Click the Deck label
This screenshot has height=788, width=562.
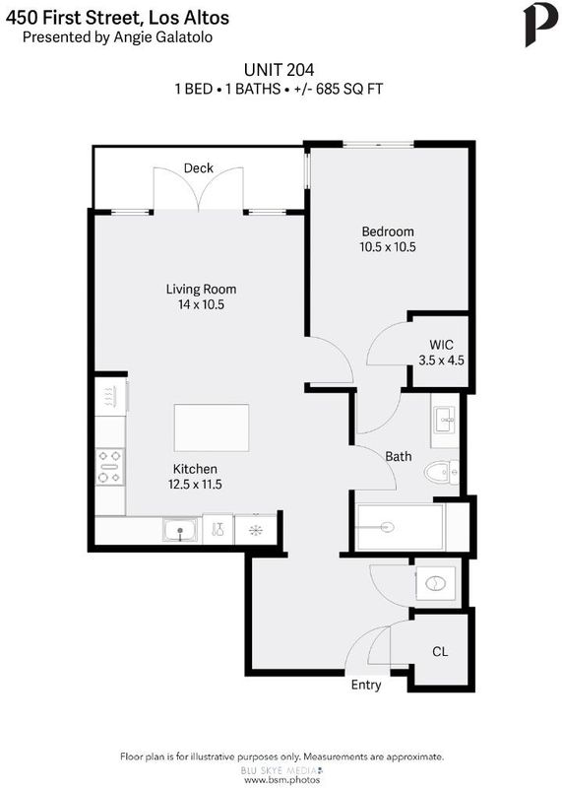tap(199, 167)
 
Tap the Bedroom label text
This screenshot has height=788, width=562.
tap(388, 231)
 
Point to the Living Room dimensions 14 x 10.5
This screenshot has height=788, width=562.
tap(201, 304)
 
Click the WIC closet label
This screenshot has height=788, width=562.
tap(441, 345)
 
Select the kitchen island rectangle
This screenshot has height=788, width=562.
tap(212, 427)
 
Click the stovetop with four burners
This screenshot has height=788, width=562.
tap(110, 467)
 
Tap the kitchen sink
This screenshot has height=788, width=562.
tap(180, 531)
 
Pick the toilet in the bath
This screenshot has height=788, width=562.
tap(441, 473)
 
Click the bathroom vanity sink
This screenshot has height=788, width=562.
tap(445, 421)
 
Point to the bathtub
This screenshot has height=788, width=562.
tap(400, 527)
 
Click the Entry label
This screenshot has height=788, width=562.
tap(365, 685)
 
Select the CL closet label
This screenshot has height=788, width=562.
tap(440, 652)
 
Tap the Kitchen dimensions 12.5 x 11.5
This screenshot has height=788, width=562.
tap(195, 484)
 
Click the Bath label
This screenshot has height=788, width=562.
tap(399, 456)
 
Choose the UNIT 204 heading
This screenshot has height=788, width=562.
tap(279, 69)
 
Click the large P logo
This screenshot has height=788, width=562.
tap(540, 26)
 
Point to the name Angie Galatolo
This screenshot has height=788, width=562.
tap(163, 37)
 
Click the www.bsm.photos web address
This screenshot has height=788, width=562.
tap(281, 780)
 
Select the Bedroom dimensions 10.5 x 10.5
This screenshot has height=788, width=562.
tap(388, 247)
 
